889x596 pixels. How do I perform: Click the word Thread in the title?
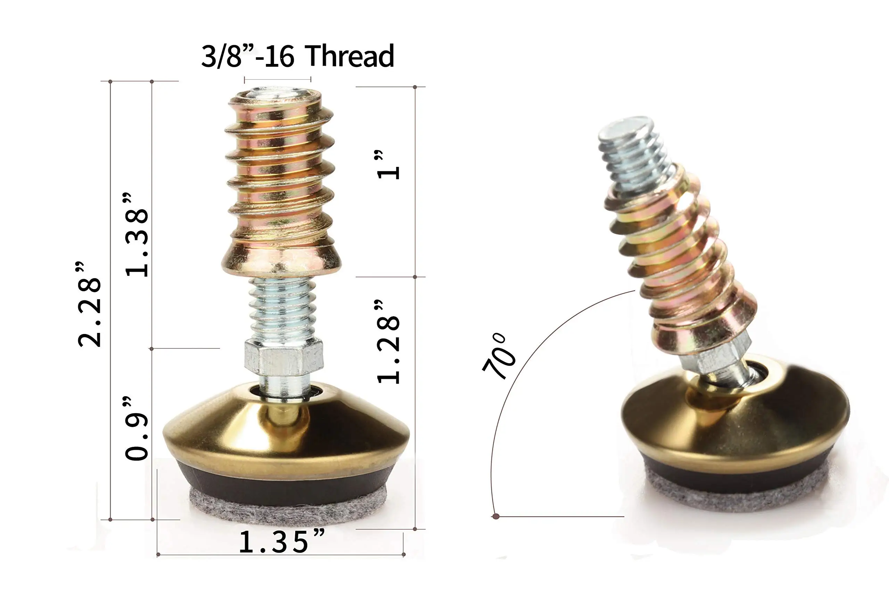(x=350, y=56)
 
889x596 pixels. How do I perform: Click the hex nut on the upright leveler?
(x=284, y=357)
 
